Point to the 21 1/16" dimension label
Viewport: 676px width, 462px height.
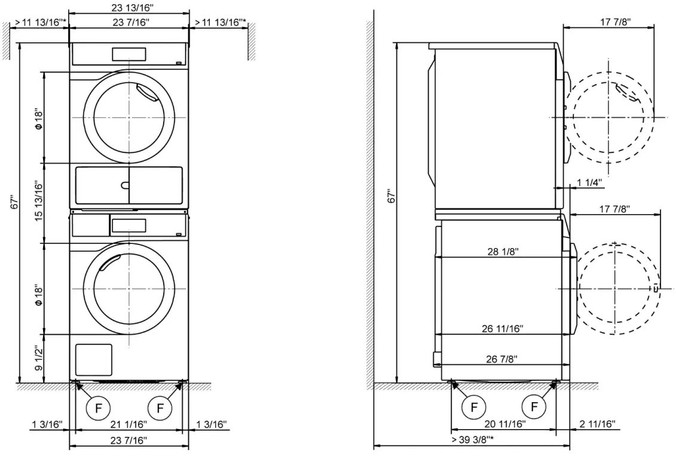(x=129, y=424)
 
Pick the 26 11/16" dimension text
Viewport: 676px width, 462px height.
(x=502, y=328)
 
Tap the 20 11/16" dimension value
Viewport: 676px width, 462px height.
(x=504, y=424)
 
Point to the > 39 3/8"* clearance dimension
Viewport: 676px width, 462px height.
(x=472, y=440)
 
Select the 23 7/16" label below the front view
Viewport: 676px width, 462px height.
(x=129, y=440)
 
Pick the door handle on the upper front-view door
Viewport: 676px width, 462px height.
(x=145, y=93)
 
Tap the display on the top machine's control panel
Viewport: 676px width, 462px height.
(x=129, y=54)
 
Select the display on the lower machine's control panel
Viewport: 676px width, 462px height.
(x=129, y=225)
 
